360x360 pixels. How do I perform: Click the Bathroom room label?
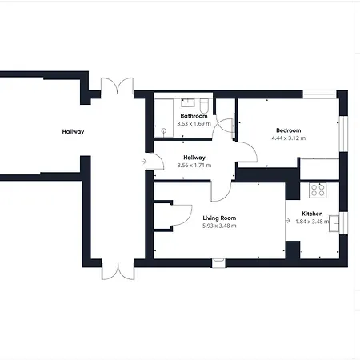tap(194, 116)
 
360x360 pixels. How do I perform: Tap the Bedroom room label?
tap(289, 130)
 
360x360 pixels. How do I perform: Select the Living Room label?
tap(219, 218)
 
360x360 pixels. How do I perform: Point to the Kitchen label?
tap(312, 214)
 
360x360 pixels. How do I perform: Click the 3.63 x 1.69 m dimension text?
tap(194, 124)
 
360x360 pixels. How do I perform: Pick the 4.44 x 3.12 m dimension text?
tap(289, 138)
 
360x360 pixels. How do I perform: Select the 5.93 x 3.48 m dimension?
tap(219, 226)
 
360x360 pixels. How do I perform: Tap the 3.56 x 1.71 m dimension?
tap(194, 166)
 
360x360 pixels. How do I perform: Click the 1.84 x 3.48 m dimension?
tap(312, 222)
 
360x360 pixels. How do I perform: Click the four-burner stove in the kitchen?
tap(318, 190)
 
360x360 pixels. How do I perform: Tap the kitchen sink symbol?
tap(334, 223)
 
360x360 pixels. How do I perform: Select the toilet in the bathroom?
tap(204, 106)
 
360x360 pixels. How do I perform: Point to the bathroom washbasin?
tap(188, 102)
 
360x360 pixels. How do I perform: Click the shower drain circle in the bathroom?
tap(164, 130)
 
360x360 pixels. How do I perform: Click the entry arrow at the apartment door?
tap(144, 162)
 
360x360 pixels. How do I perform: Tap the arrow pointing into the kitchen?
tap(288, 221)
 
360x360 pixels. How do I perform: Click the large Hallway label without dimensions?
tap(73, 131)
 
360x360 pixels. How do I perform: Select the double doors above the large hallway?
tap(117, 86)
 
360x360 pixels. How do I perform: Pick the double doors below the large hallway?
tap(118, 270)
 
